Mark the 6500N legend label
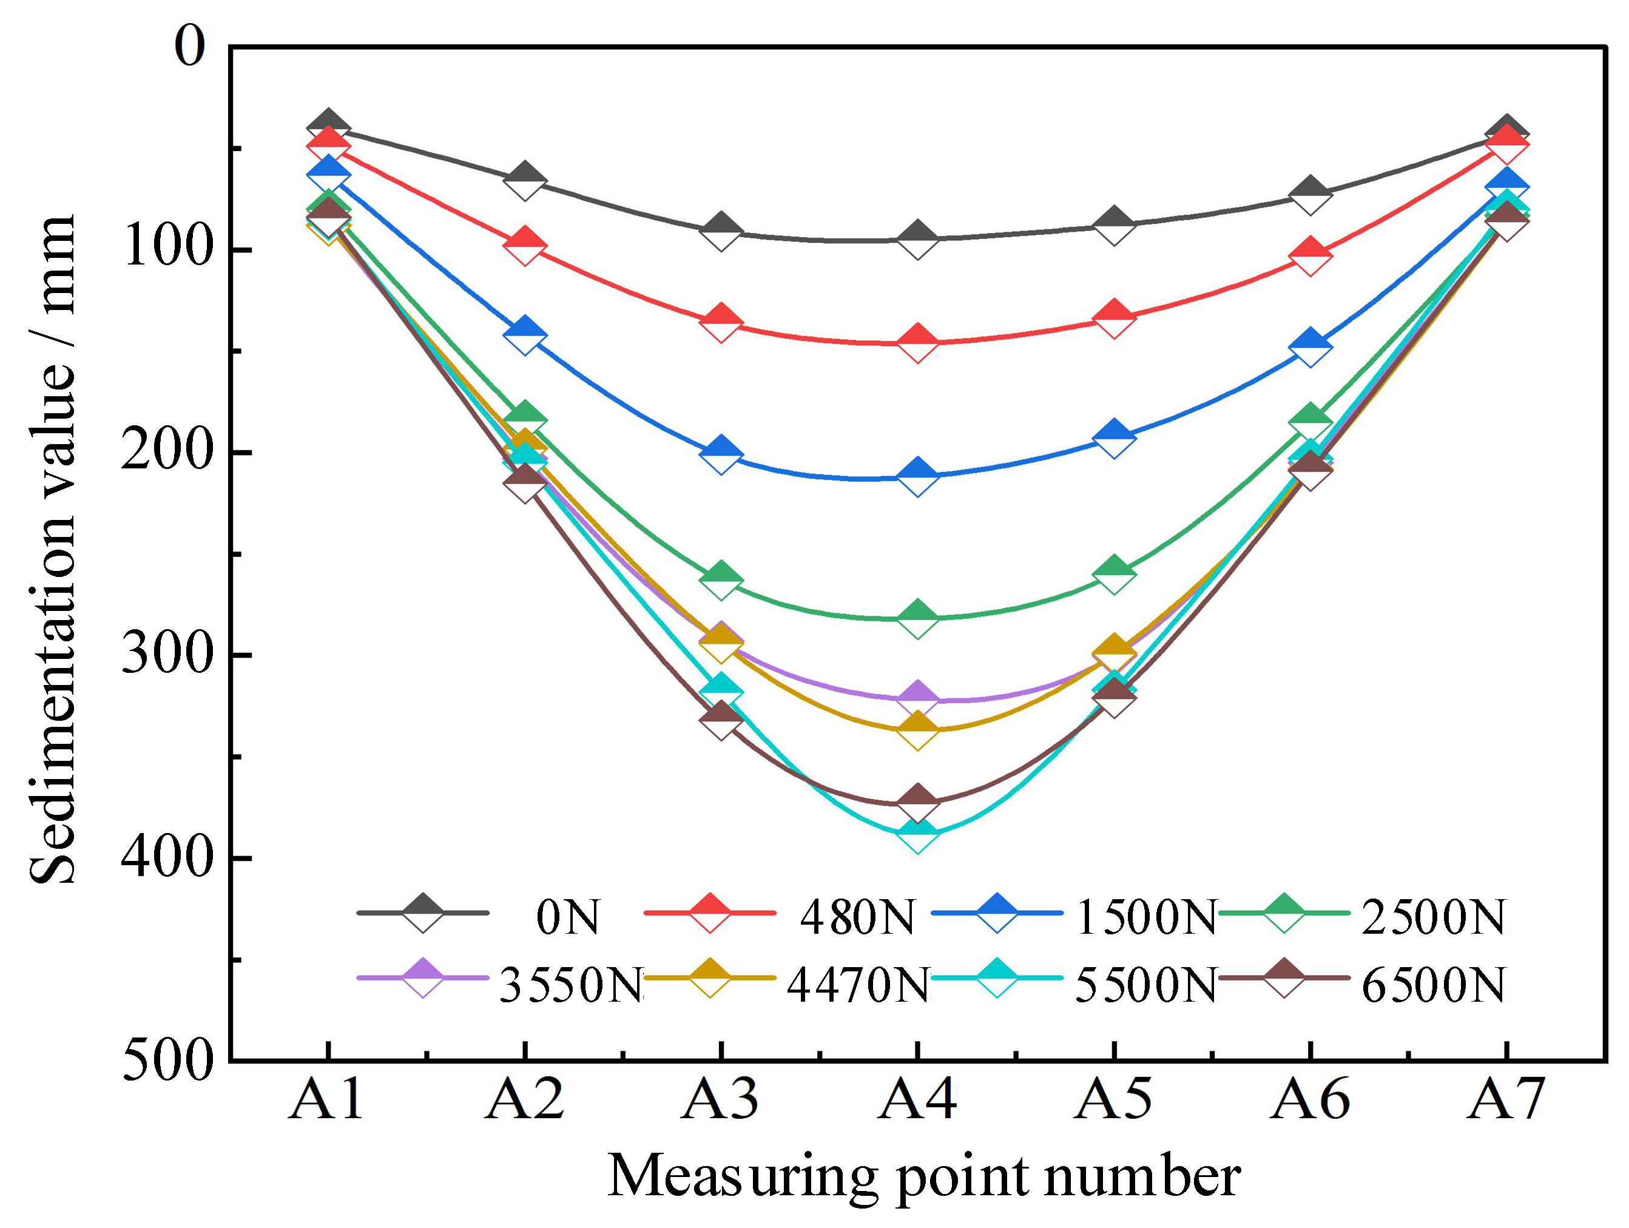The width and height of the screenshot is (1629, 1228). tap(1433, 984)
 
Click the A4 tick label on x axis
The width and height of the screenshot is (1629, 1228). tap(917, 1099)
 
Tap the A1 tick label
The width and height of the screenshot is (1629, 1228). tap(327, 1099)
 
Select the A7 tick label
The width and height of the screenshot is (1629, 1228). tap(1505, 1099)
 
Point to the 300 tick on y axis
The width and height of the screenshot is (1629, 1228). tap(166, 654)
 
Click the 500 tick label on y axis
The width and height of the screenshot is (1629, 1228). tap(166, 1061)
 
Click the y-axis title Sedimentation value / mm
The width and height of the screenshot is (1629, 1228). tap(53, 549)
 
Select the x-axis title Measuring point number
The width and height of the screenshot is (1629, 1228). tap(923, 1177)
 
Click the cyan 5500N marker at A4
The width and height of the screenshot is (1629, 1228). tap(917, 832)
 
